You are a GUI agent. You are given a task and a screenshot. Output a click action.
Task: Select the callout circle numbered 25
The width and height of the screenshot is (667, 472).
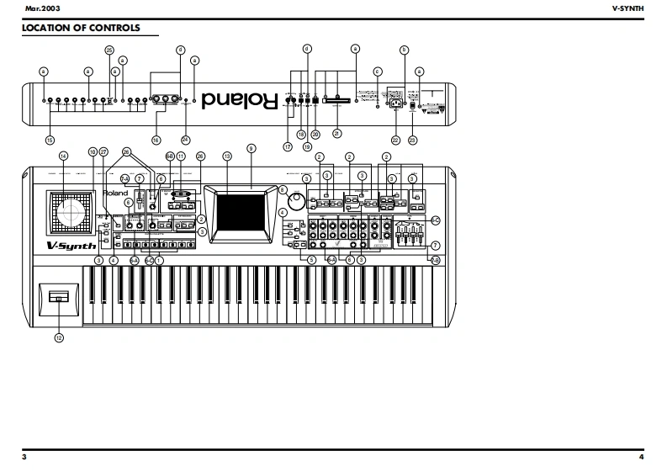pyautogui.click(x=109, y=50)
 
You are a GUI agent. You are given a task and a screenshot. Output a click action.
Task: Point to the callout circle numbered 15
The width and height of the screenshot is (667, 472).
pyautogui.click(x=50, y=140)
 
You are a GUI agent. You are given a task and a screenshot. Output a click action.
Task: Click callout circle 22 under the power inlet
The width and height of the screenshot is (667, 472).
pyautogui.click(x=394, y=139)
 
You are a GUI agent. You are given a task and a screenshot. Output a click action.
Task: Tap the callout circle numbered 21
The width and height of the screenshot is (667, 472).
pyautogui.click(x=337, y=133)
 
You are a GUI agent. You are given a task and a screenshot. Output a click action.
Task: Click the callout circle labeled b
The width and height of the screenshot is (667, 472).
pyautogui.click(x=405, y=50)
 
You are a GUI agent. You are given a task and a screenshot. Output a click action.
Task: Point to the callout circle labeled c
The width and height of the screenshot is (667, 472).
pyautogui.click(x=378, y=72)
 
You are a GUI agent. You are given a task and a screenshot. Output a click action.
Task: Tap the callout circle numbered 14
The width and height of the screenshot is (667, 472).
pyautogui.click(x=63, y=156)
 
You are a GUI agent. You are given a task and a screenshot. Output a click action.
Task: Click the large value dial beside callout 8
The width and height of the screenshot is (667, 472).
pyautogui.click(x=296, y=203)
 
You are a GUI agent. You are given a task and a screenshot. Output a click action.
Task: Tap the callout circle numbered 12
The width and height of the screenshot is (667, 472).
pyautogui.click(x=59, y=337)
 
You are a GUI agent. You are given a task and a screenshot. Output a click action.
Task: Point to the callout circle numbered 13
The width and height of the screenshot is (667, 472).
pyautogui.click(x=226, y=156)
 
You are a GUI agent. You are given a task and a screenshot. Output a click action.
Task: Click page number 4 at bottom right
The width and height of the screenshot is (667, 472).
pyautogui.click(x=642, y=457)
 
